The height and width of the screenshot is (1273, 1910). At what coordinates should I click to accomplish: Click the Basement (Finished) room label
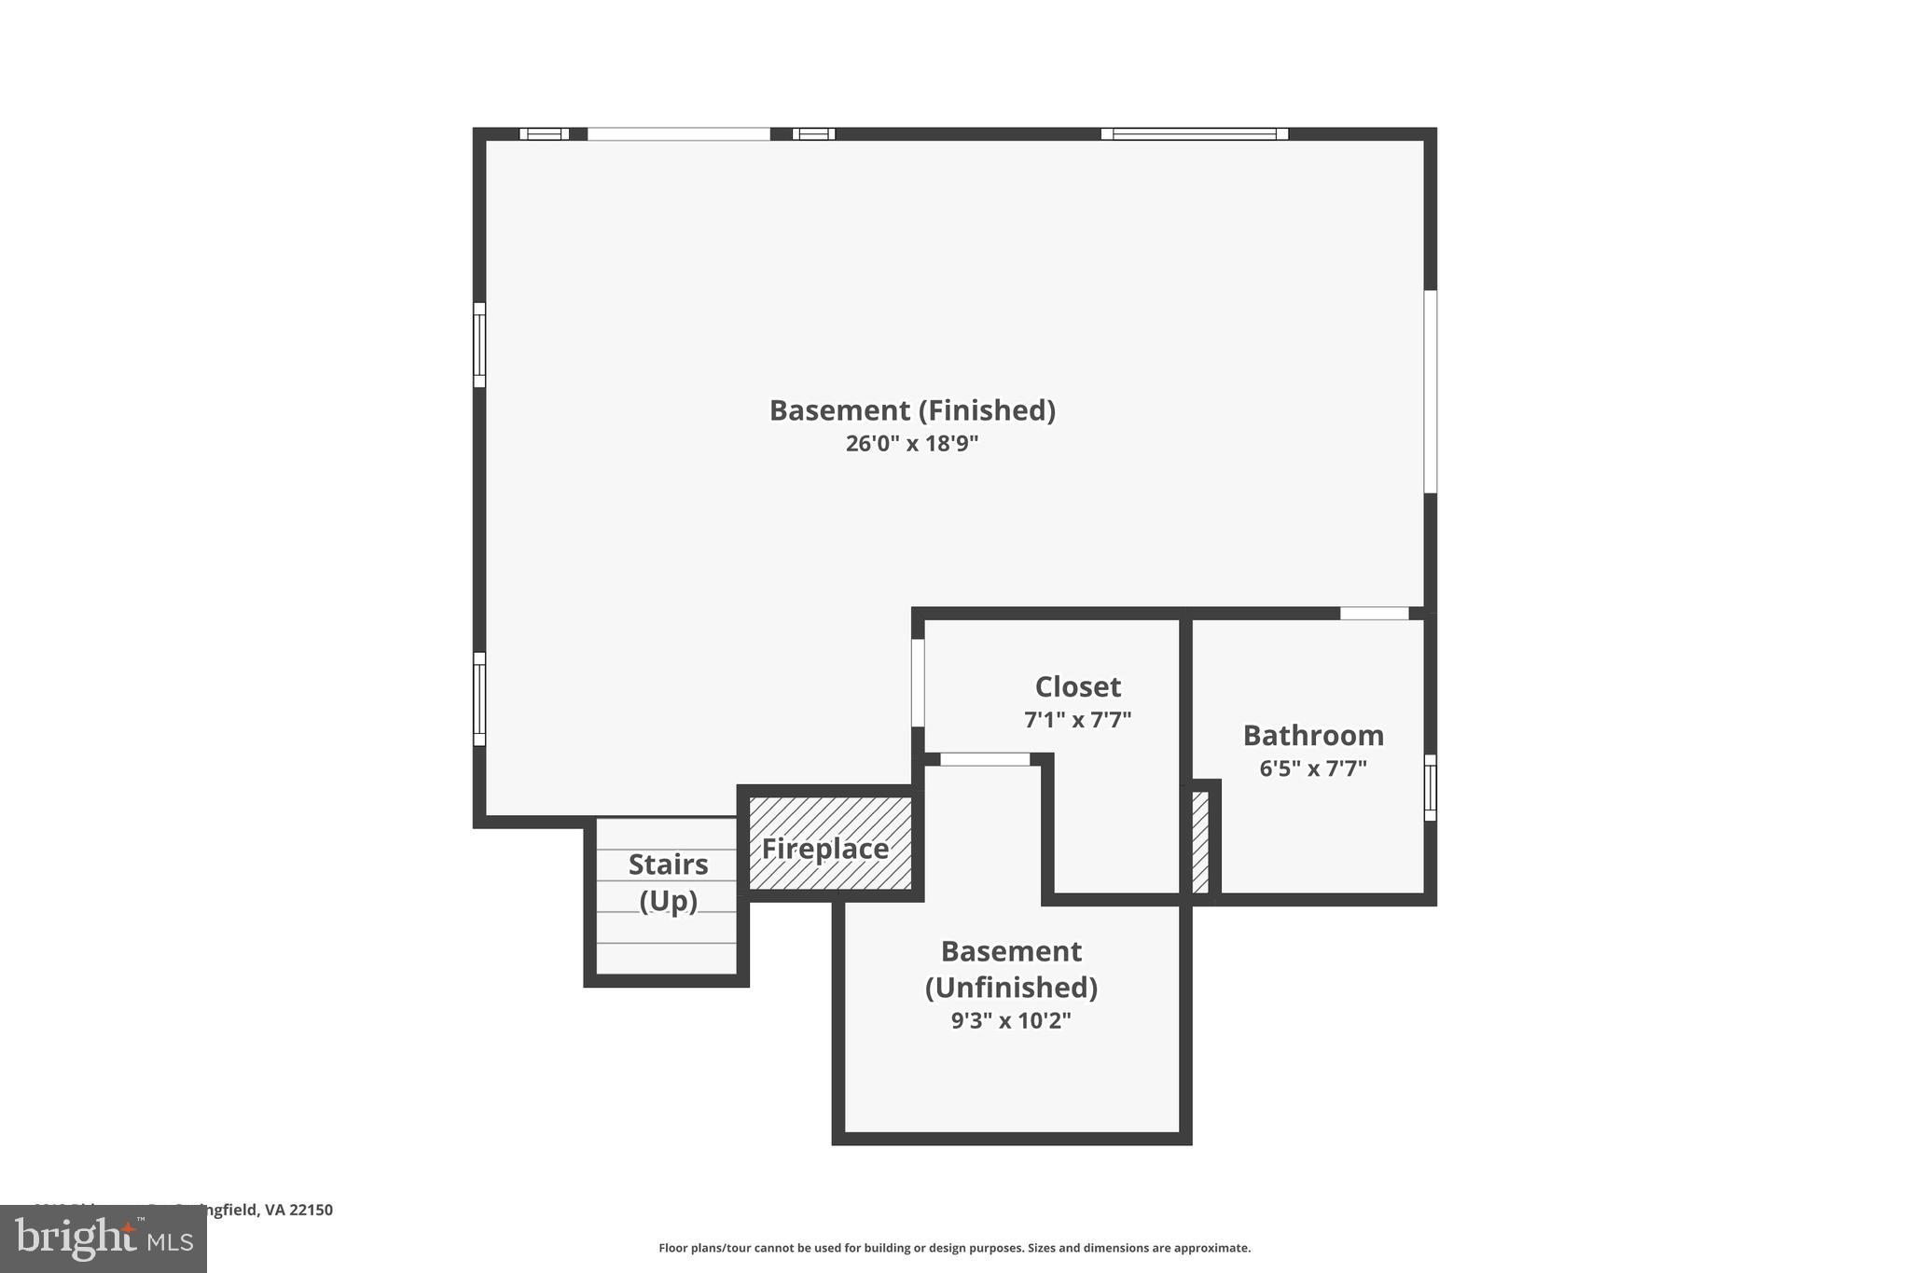click(911, 410)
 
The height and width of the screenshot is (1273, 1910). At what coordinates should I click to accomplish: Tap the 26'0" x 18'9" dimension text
click(911, 443)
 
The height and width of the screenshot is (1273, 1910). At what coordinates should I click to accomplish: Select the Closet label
click(1077, 687)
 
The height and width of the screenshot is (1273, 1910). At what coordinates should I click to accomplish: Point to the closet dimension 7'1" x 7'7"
click(1077, 720)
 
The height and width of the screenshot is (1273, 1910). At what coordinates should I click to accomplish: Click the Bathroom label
click(1313, 736)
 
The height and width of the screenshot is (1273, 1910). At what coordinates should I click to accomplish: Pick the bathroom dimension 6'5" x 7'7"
click(1313, 768)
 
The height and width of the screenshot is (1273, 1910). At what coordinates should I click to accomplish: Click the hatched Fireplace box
click(829, 844)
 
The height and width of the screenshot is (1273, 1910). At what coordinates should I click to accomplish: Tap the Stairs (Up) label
click(668, 882)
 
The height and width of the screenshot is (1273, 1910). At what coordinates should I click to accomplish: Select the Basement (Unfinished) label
click(1011, 969)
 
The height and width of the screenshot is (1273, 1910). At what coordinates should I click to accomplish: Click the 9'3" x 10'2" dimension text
click(1011, 1020)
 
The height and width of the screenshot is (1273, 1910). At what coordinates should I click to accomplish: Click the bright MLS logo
click(103, 1238)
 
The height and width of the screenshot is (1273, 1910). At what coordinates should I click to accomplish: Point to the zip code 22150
click(311, 1210)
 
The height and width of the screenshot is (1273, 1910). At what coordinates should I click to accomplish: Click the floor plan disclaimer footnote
click(954, 1248)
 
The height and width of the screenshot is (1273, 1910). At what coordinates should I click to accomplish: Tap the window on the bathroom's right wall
click(1430, 787)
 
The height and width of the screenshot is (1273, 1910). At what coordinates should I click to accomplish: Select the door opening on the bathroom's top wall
click(1374, 614)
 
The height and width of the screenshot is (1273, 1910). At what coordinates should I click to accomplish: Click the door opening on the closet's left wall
click(918, 683)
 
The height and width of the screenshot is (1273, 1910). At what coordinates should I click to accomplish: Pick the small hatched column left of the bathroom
click(1200, 842)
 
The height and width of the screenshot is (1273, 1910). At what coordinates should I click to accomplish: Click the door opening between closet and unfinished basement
click(985, 759)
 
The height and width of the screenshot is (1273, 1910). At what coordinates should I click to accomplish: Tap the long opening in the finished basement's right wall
click(1430, 391)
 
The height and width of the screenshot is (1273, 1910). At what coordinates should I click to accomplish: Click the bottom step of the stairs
click(666, 958)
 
